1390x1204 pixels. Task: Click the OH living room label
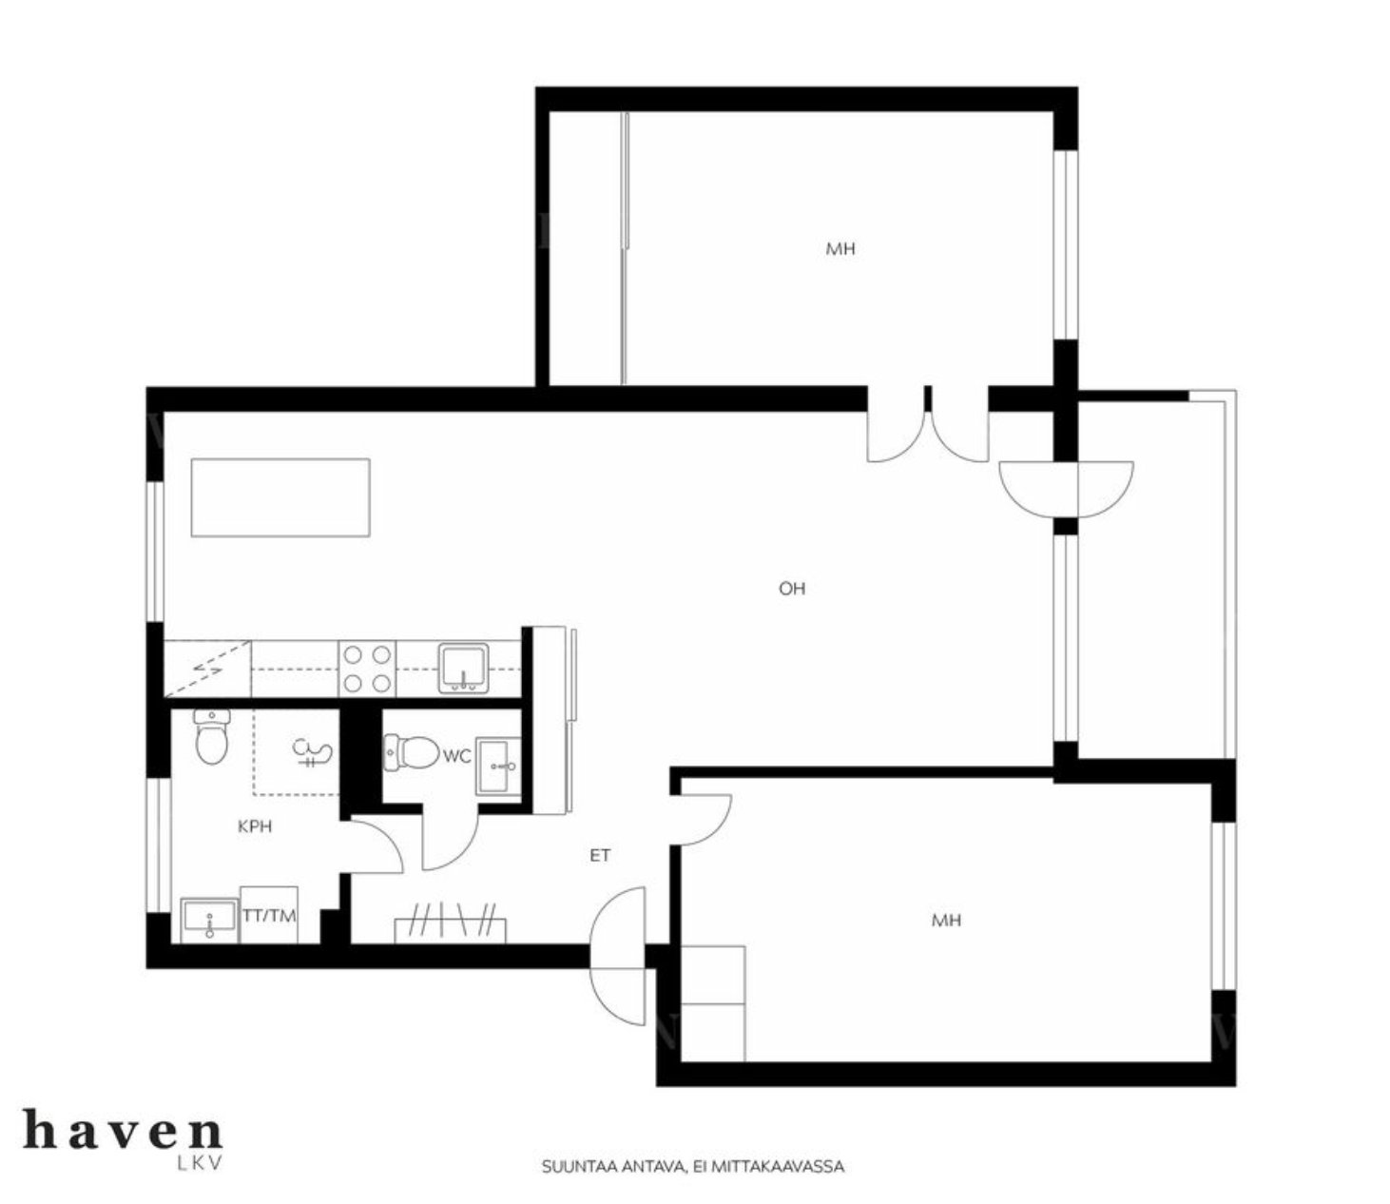coord(792,589)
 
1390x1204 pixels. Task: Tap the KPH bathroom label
coord(255,826)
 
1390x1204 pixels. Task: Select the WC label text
coord(456,756)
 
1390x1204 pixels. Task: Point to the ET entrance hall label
coord(600,856)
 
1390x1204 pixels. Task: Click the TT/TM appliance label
coord(269,916)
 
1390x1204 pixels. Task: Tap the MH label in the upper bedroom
coord(840,249)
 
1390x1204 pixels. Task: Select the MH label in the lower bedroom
coord(946,921)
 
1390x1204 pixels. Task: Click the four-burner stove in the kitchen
coord(367,670)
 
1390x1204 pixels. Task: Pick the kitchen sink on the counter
coord(464,668)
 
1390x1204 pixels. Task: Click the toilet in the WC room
coord(411,752)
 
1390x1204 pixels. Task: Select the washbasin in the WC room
coord(498,766)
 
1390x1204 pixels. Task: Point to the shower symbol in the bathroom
coord(311,752)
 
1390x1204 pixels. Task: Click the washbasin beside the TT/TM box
coord(210,921)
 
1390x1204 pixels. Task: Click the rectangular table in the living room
coord(280,497)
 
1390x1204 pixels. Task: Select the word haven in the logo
coord(123,1129)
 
